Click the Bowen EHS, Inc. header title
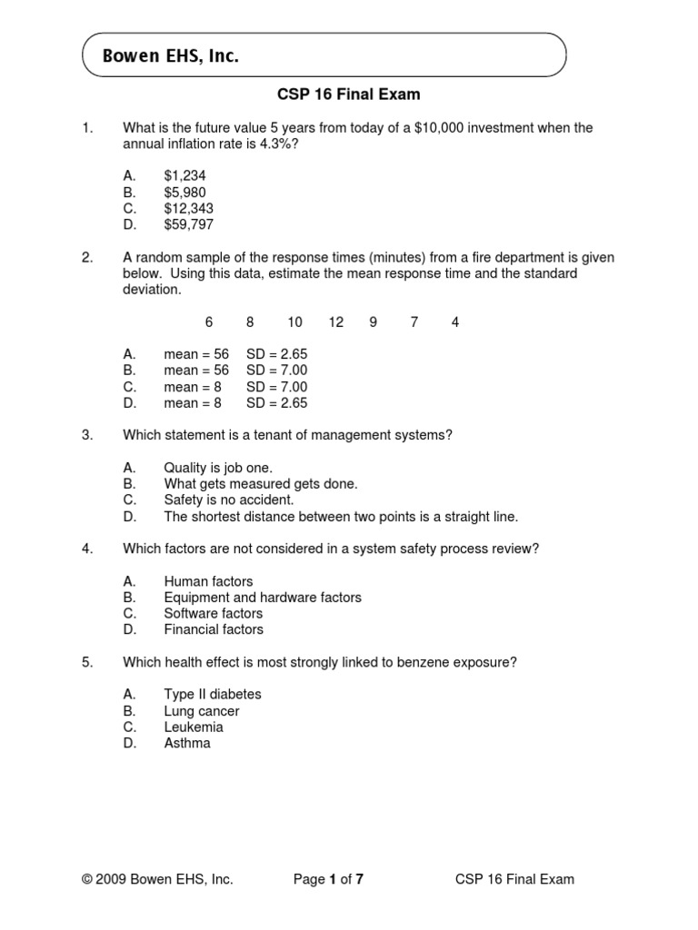pos(171,56)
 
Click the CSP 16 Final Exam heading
pos(348,94)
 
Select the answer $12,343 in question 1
pos(188,208)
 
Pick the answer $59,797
pos(188,224)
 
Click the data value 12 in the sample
pos(336,322)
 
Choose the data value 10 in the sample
pos(294,322)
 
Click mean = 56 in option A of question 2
pos(196,354)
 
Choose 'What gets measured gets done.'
pos(261,484)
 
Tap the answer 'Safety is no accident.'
pos(229,500)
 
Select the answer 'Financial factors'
pos(214,629)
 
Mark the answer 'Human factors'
pos(208,581)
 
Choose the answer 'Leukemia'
pos(193,727)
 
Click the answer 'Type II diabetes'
pos(212,694)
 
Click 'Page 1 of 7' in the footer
pos(329,879)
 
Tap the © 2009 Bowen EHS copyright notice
pos(157,879)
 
